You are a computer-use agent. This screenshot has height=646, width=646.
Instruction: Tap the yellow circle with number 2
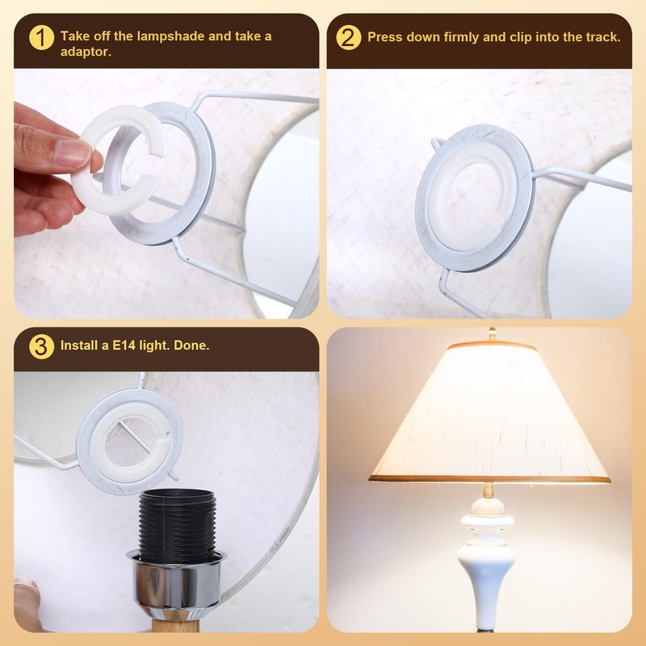click(x=348, y=37)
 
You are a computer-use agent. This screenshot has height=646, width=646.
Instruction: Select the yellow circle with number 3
click(x=41, y=346)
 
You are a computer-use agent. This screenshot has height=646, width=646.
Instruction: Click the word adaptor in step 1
click(x=86, y=52)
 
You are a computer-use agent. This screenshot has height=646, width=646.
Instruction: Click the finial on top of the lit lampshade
click(x=490, y=333)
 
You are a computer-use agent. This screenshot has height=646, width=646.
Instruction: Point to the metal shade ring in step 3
click(x=129, y=441)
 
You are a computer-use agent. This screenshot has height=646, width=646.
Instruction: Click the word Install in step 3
click(x=77, y=346)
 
